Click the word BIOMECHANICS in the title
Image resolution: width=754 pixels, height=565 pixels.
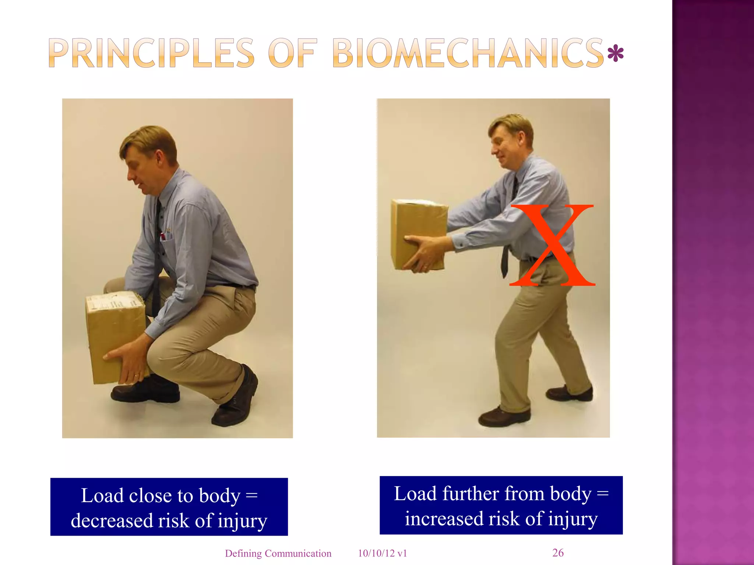pos(468,54)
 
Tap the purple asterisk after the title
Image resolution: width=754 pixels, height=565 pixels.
pos(615,54)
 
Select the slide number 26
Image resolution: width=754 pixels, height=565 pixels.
pos(558,552)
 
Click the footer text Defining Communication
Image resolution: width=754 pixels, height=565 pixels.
pos(278,553)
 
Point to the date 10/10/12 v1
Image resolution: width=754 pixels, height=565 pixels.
pos(383,553)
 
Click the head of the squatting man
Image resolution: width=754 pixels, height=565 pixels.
pos(149,158)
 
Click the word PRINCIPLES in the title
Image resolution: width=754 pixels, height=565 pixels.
pos(151,54)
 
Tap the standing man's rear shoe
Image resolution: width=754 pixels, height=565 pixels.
pos(570,393)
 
